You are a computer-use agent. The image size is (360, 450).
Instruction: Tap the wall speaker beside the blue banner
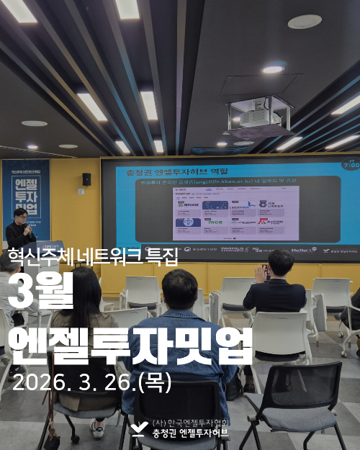(x=86, y=179)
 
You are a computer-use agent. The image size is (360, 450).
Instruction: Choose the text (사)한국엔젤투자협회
(x=191, y=423)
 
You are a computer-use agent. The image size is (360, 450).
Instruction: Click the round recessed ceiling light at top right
(x=305, y=22)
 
